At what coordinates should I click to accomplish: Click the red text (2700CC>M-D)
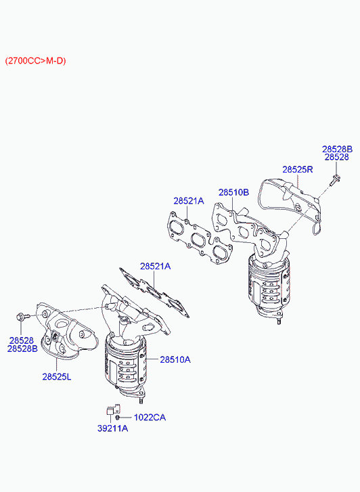click(35, 61)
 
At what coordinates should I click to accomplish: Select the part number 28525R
click(298, 169)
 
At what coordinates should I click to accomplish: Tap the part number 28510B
click(233, 192)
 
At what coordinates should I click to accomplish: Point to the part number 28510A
click(175, 359)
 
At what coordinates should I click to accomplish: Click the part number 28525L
click(57, 376)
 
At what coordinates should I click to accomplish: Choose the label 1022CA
click(150, 418)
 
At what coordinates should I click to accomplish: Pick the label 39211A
click(113, 428)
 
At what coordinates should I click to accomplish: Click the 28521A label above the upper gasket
click(189, 201)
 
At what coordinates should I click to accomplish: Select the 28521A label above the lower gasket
click(156, 267)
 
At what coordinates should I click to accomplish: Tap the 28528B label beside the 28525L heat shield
click(22, 349)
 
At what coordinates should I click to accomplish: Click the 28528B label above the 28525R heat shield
click(338, 149)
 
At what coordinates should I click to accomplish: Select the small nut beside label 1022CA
click(117, 418)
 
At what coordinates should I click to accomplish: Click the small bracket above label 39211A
click(112, 409)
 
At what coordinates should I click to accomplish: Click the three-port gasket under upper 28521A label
click(200, 238)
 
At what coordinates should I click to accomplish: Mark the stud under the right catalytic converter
click(278, 321)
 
